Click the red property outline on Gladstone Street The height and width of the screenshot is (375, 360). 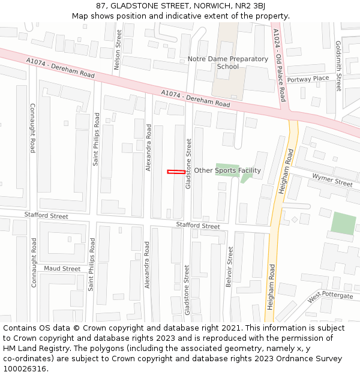(176, 172)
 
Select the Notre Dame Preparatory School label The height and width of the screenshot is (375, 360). (227, 62)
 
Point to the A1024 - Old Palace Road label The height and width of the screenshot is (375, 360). (280, 65)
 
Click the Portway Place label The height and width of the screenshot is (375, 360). (308, 79)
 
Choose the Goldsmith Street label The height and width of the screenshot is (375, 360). (338, 66)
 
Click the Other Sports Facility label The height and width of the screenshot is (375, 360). (227, 170)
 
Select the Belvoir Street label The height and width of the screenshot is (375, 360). (229, 266)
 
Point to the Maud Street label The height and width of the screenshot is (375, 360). (62, 269)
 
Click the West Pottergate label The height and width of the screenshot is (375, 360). (331, 296)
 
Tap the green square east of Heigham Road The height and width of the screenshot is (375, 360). (343, 224)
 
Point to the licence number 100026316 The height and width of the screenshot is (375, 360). (25, 369)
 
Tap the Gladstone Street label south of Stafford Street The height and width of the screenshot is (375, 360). (187, 290)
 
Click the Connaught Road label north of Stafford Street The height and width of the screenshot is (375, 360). (32, 128)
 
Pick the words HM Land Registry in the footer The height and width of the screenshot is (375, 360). (34, 349)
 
